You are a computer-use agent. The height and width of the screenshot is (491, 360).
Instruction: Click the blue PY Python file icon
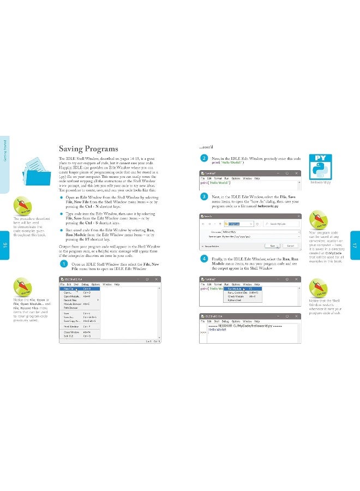[322, 167]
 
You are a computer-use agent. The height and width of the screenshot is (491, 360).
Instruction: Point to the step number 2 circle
[204, 159]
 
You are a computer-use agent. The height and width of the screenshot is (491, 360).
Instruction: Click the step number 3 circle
[204, 196]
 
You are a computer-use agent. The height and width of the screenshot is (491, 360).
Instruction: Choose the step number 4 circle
[204, 258]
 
